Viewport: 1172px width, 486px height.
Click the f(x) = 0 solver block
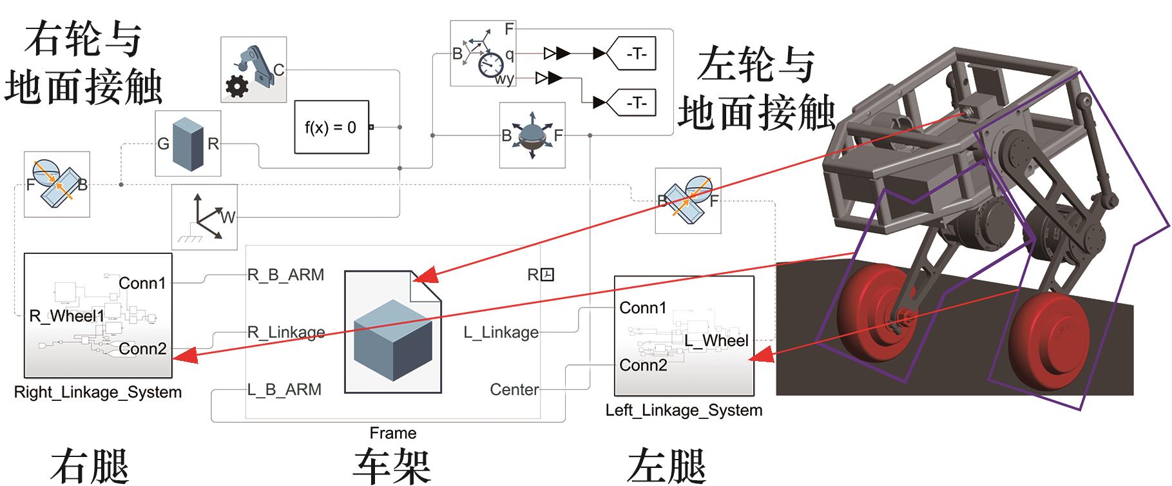[331, 127]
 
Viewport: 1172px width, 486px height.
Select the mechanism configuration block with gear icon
[253, 70]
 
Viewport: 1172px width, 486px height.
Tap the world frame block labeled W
[205, 217]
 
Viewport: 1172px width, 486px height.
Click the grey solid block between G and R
[188, 143]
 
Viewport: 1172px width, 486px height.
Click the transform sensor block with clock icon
[483, 53]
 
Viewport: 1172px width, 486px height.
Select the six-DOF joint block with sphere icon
[532, 135]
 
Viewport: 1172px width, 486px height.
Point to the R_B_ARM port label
[285, 275]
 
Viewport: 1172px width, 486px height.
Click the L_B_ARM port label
[284, 390]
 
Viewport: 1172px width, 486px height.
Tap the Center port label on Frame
[514, 390]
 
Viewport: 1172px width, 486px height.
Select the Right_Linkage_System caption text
[98, 393]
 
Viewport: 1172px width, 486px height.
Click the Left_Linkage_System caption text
[684, 411]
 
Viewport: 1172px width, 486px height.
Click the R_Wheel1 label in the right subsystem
[67, 316]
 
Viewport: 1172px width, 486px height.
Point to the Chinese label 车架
[392, 465]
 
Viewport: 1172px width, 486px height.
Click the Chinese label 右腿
[90, 465]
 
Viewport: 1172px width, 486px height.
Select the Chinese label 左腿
[666, 465]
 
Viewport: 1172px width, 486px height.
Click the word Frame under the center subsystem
[393, 433]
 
